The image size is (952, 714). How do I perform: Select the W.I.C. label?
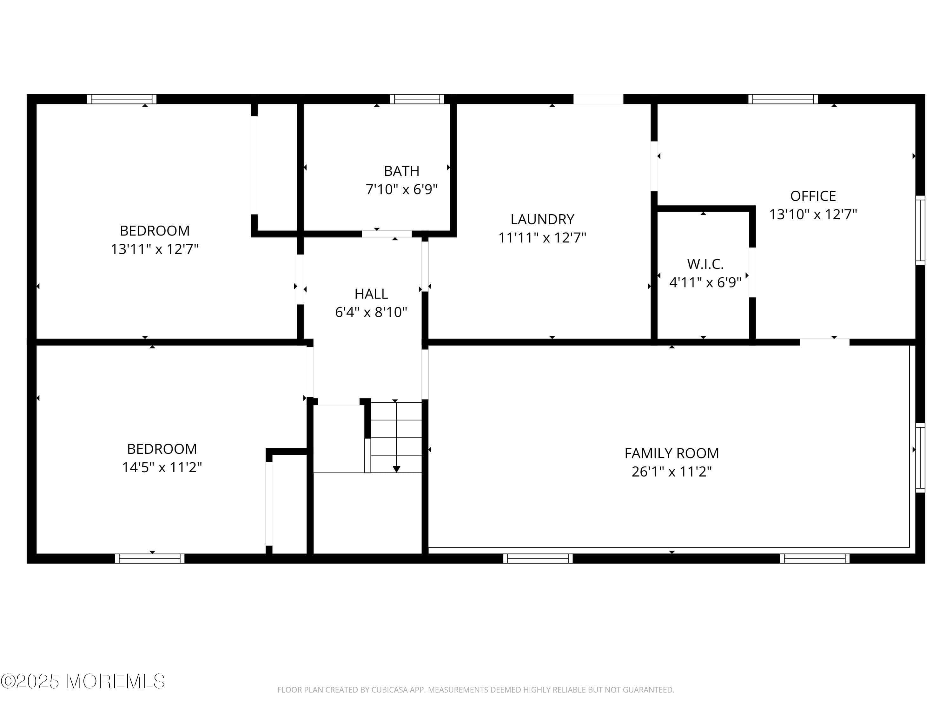[705, 263]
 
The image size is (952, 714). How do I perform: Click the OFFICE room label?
[813, 196]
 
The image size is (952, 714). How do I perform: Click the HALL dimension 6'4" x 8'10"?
[371, 312]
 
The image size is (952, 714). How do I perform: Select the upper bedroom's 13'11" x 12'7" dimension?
[155, 249]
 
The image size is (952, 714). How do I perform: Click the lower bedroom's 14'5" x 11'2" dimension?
[162, 467]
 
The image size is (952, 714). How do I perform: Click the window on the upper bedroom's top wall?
[122, 99]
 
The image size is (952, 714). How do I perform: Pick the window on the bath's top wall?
[417, 99]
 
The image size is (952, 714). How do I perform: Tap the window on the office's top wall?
[783, 99]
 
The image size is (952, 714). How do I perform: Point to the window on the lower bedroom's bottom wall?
[150, 559]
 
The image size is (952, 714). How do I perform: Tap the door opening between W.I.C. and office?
[752, 272]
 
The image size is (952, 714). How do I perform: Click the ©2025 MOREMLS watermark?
[83, 681]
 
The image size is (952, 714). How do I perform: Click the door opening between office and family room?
[824, 342]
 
